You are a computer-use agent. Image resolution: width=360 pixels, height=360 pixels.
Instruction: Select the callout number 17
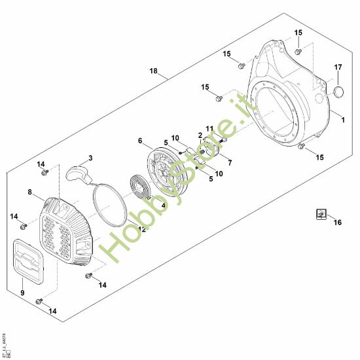click(x=338, y=67)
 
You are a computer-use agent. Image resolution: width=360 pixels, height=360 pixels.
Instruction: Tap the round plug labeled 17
click(x=338, y=90)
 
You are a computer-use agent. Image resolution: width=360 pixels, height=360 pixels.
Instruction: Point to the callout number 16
click(x=338, y=223)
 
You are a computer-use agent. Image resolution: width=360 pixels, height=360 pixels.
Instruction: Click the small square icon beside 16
click(x=321, y=213)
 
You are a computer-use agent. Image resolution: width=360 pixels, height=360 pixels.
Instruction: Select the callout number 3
click(x=90, y=158)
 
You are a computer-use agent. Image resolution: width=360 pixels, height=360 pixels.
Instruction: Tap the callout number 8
click(x=30, y=192)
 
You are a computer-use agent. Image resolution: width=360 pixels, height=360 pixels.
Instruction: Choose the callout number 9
click(x=22, y=292)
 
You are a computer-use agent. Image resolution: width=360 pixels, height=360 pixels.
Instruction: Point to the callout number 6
click(x=140, y=140)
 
